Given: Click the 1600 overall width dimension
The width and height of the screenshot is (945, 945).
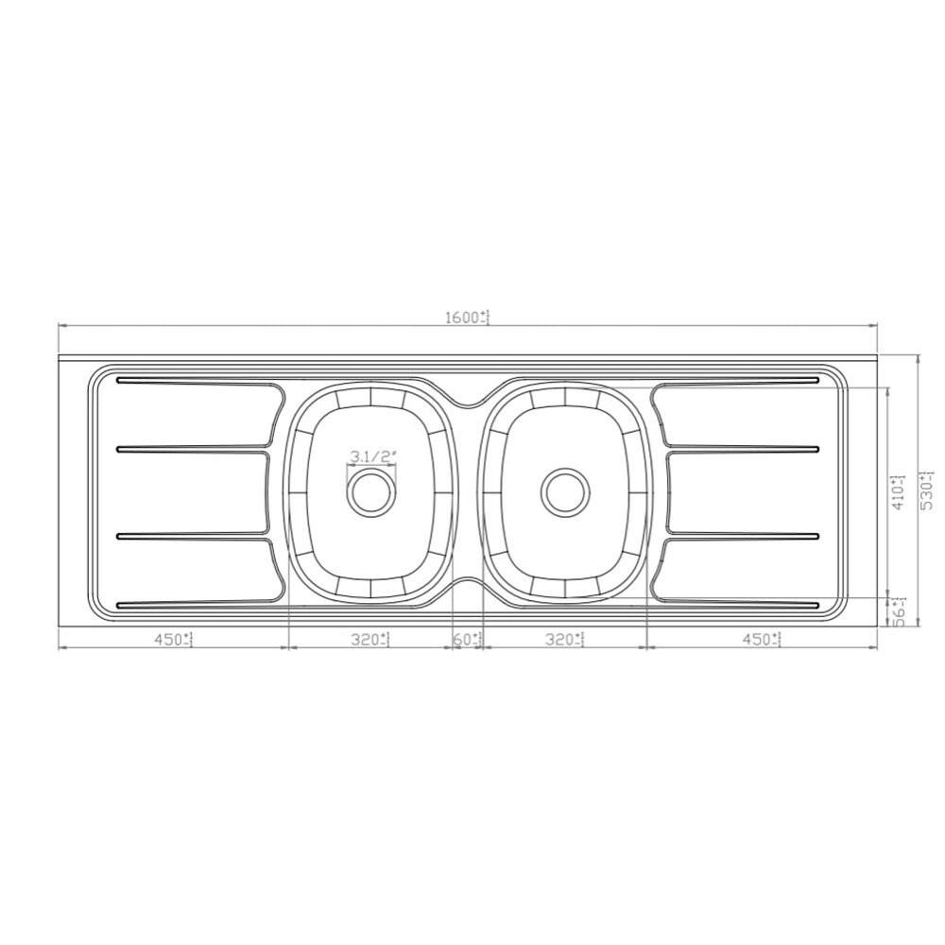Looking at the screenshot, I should (x=466, y=318).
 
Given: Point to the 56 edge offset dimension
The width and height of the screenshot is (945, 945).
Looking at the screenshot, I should (x=900, y=613).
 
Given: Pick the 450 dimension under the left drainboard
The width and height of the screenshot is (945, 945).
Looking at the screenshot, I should (x=172, y=640).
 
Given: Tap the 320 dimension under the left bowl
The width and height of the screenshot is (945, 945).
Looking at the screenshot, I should (x=369, y=640).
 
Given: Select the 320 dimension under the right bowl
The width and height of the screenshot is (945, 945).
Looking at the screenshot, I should (x=564, y=640).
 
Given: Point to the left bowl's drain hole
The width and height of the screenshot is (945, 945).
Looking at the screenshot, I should (x=369, y=490).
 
